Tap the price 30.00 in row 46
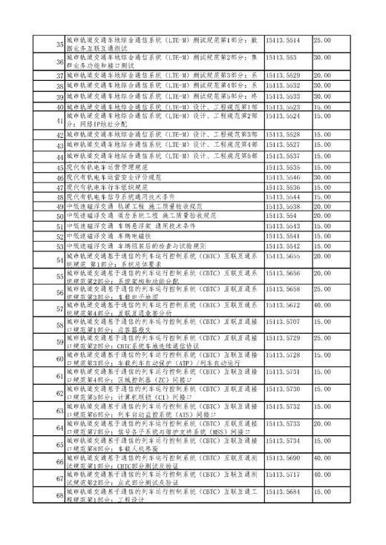323,178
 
